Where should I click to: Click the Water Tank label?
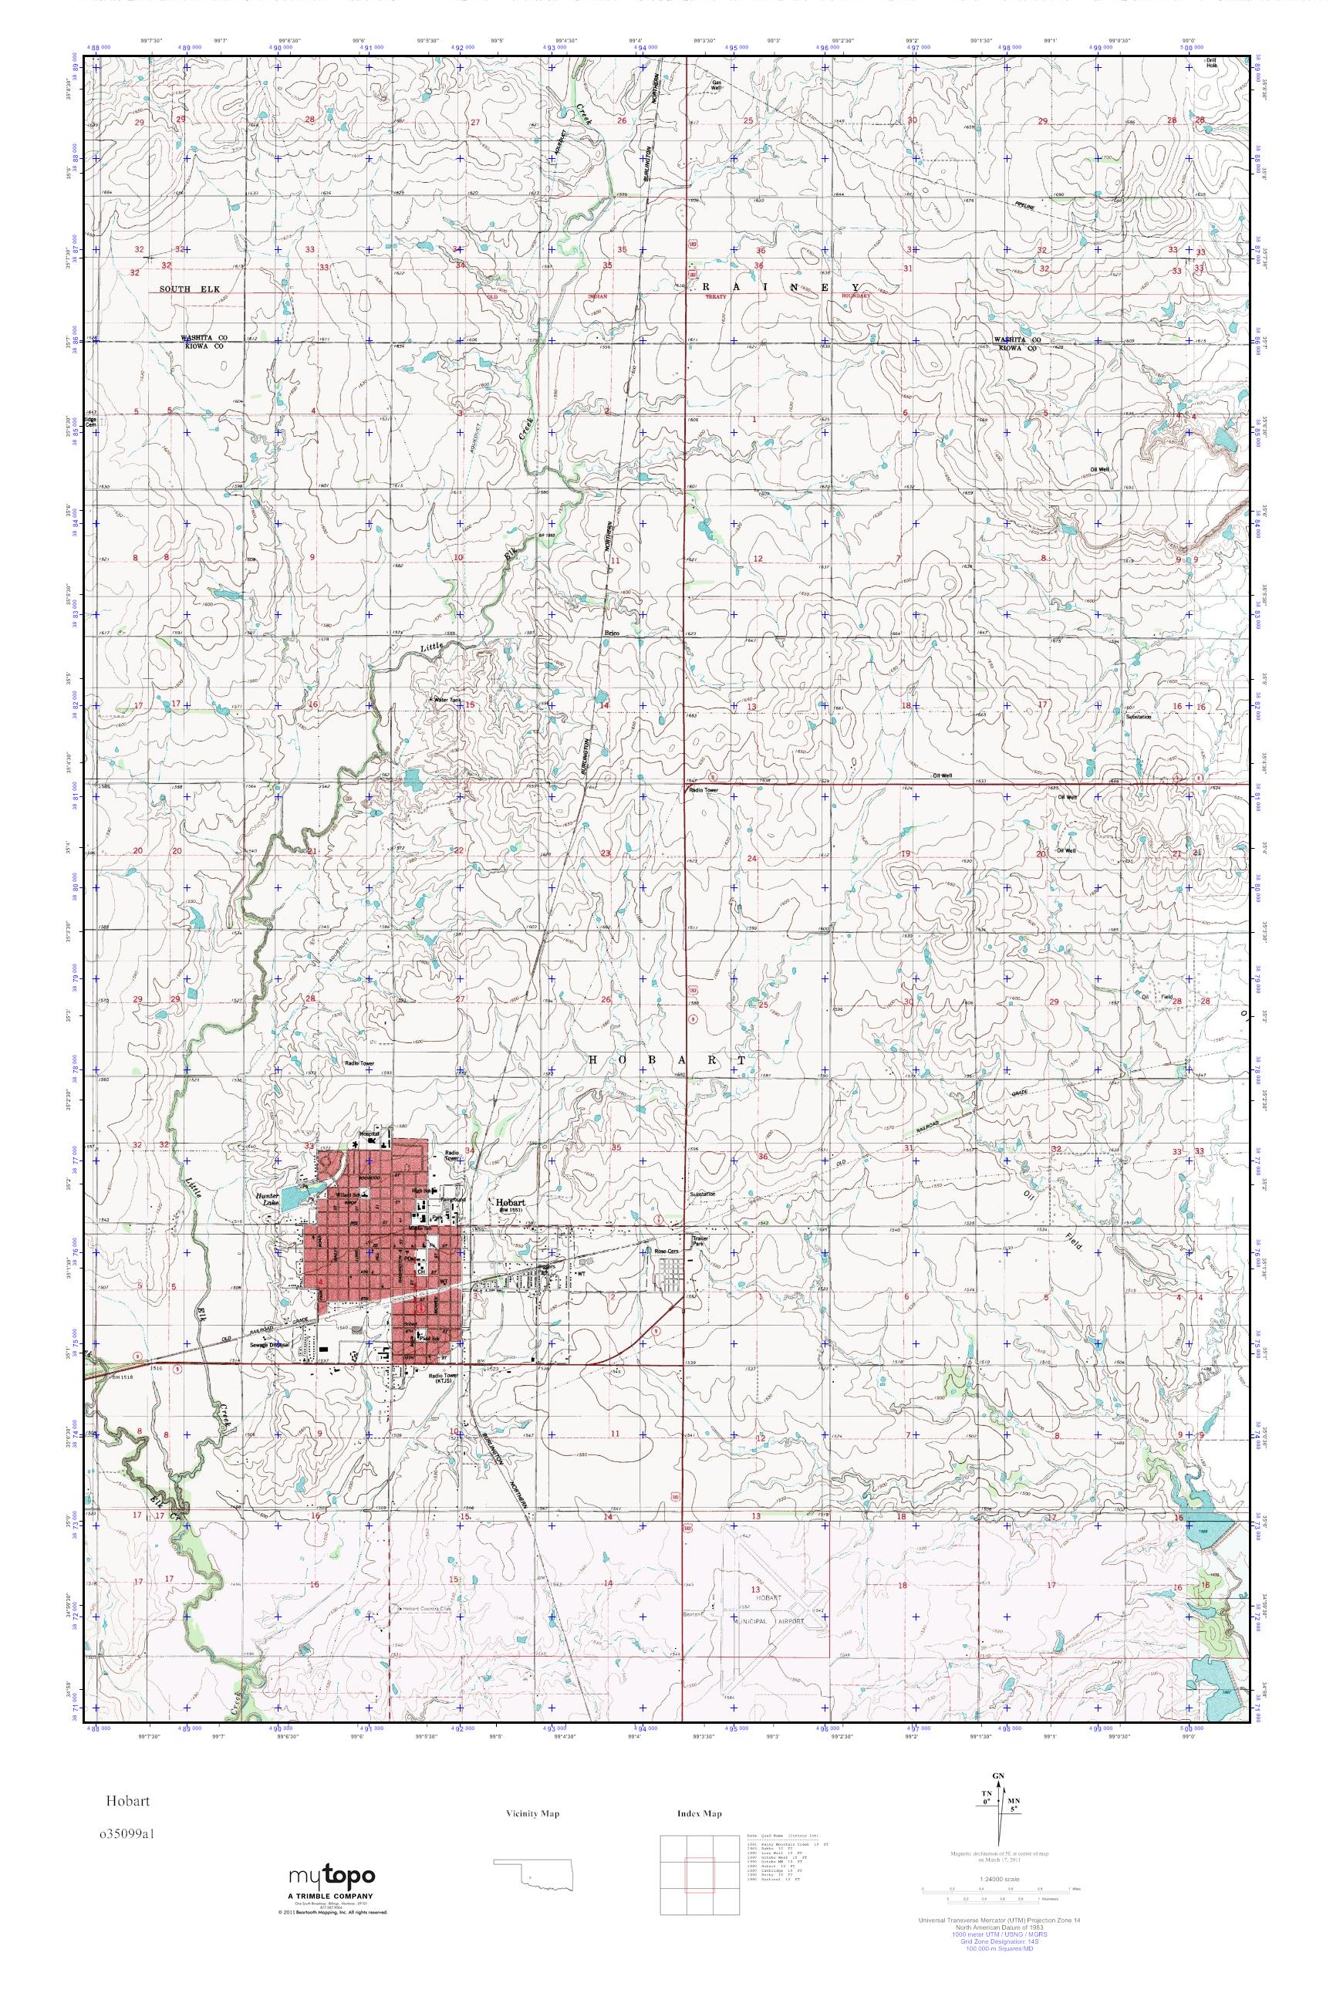pyautogui.click(x=447, y=700)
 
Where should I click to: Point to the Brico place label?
pyautogui.click(x=611, y=633)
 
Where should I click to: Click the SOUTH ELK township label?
pyautogui.click(x=190, y=290)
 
